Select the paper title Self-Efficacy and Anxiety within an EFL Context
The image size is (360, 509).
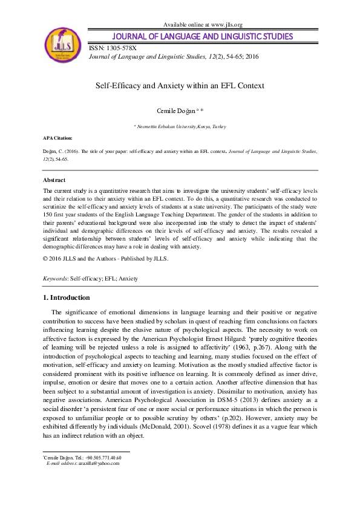tap(180, 86)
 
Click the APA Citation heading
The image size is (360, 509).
tap(56, 138)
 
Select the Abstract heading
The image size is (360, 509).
tap(54, 180)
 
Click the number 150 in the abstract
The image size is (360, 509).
tap(48, 214)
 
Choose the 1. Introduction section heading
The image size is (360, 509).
tap(67, 297)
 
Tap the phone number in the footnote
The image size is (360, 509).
tap(100, 458)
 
